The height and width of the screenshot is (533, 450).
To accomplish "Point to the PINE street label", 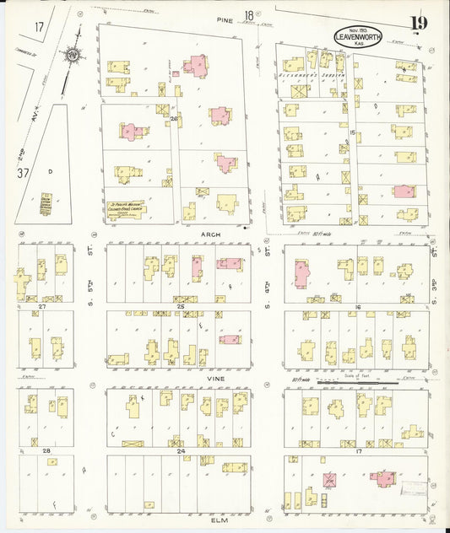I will pyautogui.click(x=224, y=18).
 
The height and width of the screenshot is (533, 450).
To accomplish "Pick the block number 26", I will pyautogui.click(x=174, y=119).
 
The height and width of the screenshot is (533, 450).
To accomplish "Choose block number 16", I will pyautogui.click(x=358, y=307).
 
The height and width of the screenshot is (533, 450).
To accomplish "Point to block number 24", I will pyautogui.click(x=180, y=451).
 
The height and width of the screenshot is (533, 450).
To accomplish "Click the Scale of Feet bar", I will pyautogui.click(x=371, y=381).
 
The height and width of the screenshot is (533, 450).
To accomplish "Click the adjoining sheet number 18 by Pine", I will pyautogui.click(x=249, y=15).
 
